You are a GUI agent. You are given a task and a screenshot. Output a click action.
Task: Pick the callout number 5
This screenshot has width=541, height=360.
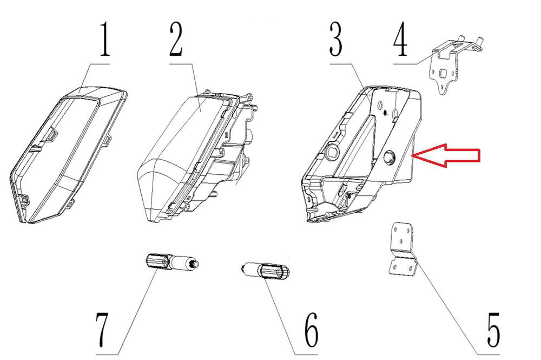493,330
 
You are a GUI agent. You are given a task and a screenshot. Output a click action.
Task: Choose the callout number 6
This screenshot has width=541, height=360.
312,330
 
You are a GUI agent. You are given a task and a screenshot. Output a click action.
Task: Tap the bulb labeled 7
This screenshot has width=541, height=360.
171,263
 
